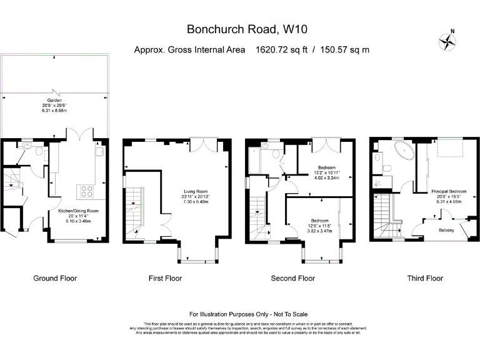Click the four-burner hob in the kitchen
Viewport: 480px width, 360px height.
click(86, 191)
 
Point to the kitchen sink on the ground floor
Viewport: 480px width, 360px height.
click(99, 151)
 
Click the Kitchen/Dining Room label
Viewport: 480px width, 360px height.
click(74, 212)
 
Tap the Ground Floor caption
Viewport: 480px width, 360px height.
click(55, 278)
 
